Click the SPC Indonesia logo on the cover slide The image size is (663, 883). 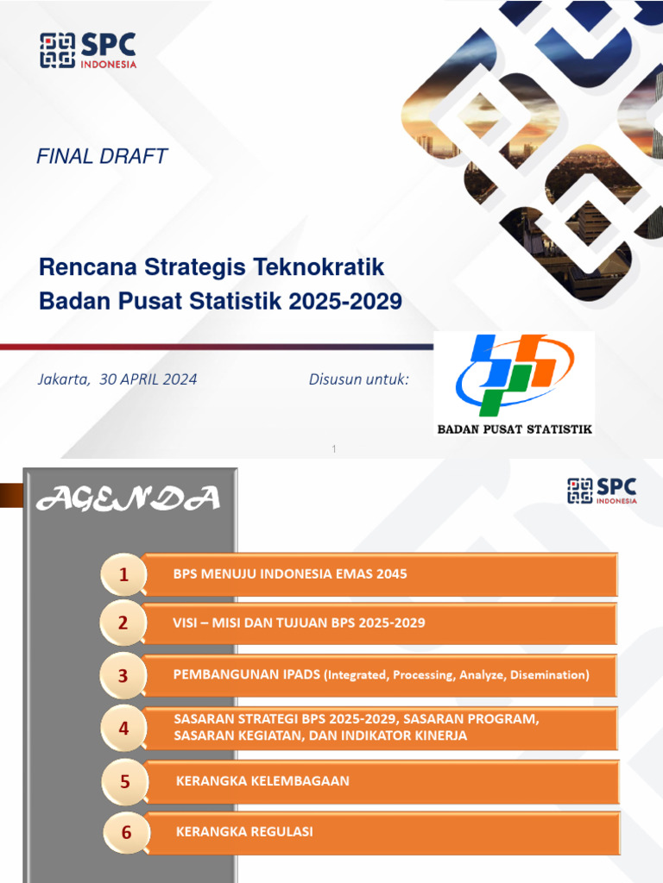coord(88,51)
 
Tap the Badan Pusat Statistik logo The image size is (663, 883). coord(514,383)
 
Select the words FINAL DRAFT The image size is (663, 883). coord(101,156)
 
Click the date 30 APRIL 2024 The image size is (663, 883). coord(148,379)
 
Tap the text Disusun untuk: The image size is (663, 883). coord(358,379)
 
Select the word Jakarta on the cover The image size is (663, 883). coord(63,379)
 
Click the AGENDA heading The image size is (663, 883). coord(128,498)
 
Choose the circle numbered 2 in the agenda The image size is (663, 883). coord(123,623)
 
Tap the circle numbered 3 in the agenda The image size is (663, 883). coord(123,675)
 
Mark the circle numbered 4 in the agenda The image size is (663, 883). coord(123,729)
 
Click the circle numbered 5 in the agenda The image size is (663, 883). coord(125,782)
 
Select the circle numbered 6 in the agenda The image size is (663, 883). coord(126,833)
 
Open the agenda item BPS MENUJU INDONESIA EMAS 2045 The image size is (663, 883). coord(290,573)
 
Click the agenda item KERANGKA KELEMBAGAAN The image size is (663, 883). coord(262,781)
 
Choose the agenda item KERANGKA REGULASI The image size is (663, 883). coord(244,832)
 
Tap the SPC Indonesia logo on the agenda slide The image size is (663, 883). coord(602,491)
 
